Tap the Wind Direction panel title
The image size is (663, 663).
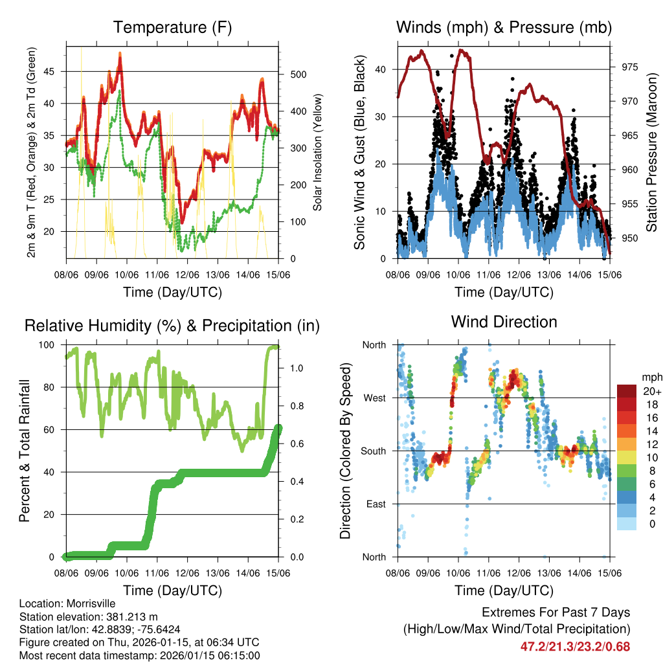pyautogui.click(x=504, y=322)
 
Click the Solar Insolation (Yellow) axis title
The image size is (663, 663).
pyautogui.click(x=317, y=153)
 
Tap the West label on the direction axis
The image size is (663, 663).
pyautogui.click(x=374, y=398)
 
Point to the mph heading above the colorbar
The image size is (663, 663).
pyautogui.click(x=651, y=377)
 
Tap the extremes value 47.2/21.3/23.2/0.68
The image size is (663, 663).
pyautogui.click(x=575, y=646)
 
